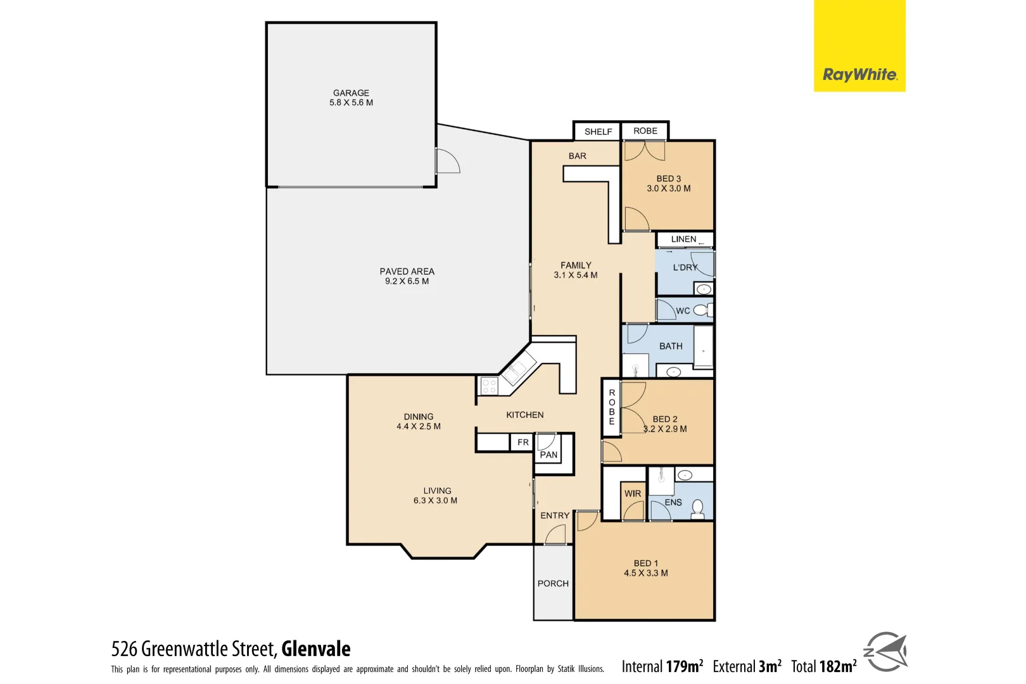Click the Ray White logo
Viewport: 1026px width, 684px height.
859,75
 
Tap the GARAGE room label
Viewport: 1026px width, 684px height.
351,93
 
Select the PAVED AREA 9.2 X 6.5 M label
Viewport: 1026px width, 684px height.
407,276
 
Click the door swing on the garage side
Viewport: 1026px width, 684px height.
447,161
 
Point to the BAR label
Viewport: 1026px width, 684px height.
577,156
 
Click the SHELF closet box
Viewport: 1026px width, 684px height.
597,132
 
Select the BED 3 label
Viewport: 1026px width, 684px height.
668,179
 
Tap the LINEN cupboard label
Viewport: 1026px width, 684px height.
683,239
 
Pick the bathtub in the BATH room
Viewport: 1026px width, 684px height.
703,346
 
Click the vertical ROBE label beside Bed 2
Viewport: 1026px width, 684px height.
612,407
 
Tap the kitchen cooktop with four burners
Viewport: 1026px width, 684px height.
489,385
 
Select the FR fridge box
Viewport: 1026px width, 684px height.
522,442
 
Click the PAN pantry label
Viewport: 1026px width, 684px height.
548,455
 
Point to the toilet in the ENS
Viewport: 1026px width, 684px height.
697,509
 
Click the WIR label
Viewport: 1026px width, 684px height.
632,493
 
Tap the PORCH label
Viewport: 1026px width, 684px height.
553,583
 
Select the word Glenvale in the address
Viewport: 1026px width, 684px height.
315,649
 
